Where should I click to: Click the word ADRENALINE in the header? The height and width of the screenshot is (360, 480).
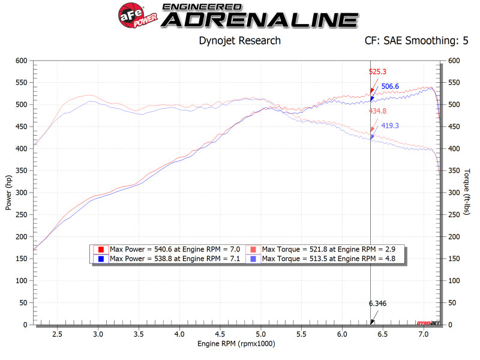coord(260,20)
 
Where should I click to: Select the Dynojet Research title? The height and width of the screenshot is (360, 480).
coord(239,41)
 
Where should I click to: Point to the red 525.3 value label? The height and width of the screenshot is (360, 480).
coord(377,71)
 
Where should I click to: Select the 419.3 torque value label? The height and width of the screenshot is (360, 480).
coord(391,126)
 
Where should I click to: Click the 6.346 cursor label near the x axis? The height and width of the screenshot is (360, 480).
coord(377,303)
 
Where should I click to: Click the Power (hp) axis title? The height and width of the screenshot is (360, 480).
coord(8,192)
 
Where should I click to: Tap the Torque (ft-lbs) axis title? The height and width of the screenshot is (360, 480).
coord(466,192)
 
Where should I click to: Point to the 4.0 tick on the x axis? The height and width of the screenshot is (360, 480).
coord(179,334)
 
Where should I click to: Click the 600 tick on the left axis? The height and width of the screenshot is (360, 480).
coord(22,61)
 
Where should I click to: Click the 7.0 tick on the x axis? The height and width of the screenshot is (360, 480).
coord(423,334)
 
